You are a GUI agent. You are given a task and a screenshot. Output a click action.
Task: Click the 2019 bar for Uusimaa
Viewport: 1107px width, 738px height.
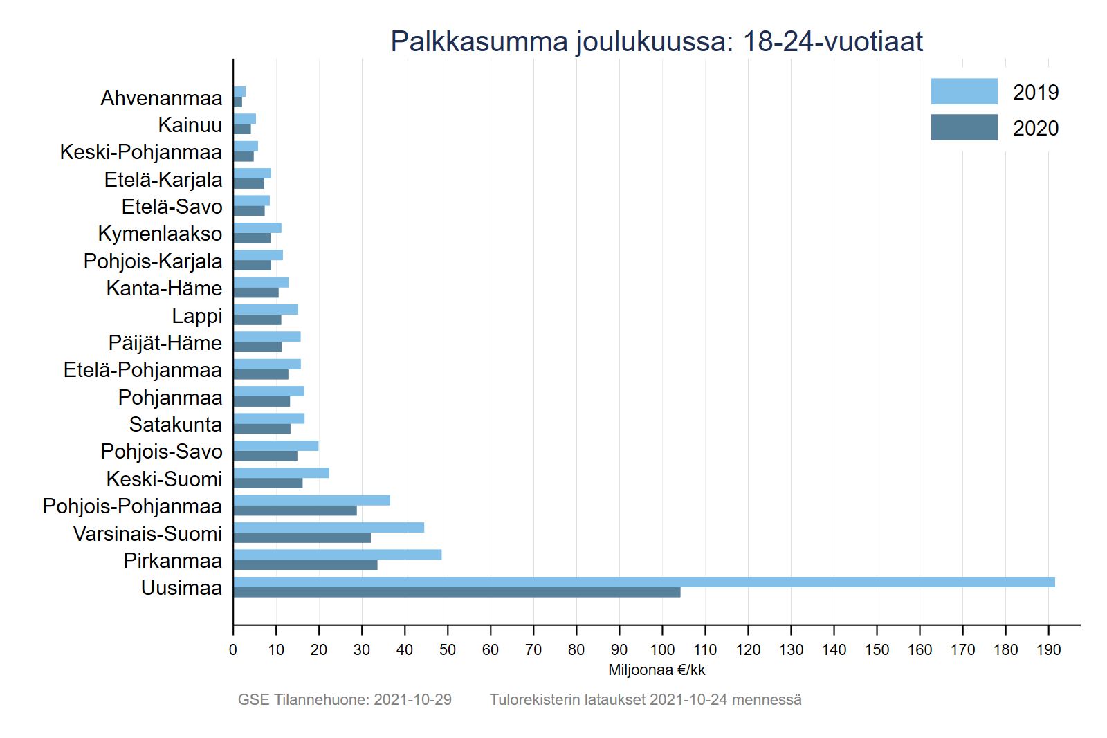tap(643, 582)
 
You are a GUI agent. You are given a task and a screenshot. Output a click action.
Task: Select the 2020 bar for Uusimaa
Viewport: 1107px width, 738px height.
tap(457, 592)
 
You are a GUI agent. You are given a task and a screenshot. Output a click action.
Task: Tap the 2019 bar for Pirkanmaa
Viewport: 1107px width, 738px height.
tap(338, 555)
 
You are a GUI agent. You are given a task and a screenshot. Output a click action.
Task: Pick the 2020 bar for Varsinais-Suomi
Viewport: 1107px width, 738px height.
tap(302, 537)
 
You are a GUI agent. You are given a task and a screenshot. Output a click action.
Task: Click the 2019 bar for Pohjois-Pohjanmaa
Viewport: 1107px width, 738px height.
tap(312, 500)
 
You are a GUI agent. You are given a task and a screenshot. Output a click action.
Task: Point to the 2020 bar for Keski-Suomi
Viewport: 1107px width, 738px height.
tap(268, 483)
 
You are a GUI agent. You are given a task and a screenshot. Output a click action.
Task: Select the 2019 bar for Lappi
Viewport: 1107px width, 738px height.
tap(266, 309)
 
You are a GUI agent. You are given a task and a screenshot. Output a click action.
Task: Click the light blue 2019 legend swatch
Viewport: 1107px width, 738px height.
tap(964, 91)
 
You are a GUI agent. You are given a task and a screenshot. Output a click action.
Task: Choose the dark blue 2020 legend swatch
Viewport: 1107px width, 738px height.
tap(964, 127)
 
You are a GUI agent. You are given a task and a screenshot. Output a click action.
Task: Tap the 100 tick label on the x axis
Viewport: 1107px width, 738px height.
tap(662, 649)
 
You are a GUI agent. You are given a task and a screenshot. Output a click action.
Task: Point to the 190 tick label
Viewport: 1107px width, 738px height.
tap(1048, 649)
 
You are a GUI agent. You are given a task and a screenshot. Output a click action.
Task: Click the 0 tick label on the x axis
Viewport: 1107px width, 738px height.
tap(233, 649)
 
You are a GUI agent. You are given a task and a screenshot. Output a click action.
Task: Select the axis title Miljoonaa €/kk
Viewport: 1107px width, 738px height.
tap(657, 670)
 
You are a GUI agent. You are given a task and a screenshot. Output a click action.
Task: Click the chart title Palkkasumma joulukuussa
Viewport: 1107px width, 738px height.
tap(656, 41)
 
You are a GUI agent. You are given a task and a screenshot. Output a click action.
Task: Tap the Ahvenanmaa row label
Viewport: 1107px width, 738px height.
tap(161, 98)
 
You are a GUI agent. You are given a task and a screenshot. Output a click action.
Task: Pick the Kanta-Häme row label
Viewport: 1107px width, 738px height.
tap(164, 288)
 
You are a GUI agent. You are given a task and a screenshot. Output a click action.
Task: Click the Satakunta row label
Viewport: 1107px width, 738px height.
tap(175, 425)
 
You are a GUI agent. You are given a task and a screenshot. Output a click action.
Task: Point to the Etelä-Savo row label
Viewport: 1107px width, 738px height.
tap(172, 207)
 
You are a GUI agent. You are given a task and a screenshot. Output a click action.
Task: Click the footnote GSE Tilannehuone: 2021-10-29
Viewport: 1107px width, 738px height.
tap(345, 699)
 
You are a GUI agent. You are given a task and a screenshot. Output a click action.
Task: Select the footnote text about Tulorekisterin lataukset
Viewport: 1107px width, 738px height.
tap(646, 699)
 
